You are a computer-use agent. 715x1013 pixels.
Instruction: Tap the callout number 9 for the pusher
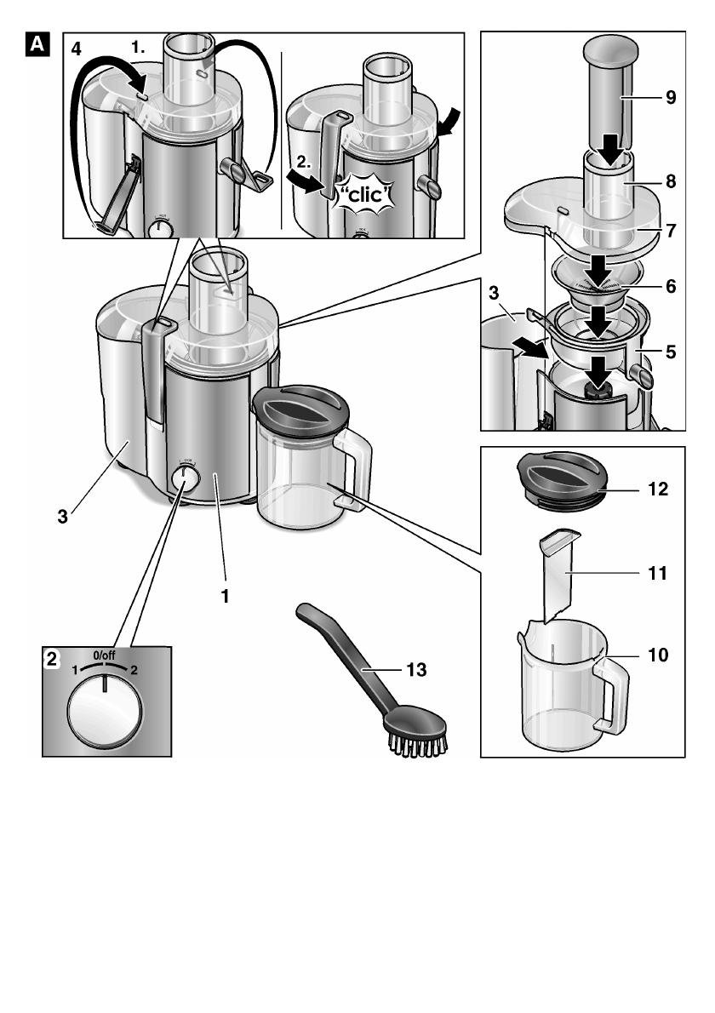(672, 98)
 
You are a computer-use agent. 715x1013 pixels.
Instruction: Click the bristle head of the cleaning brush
(418, 733)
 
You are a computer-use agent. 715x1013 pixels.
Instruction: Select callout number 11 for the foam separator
(658, 574)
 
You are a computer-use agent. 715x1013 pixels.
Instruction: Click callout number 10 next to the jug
(658, 655)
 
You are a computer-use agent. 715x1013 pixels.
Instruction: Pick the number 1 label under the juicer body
(226, 597)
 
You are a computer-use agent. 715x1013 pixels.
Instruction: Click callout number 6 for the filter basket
(672, 287)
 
